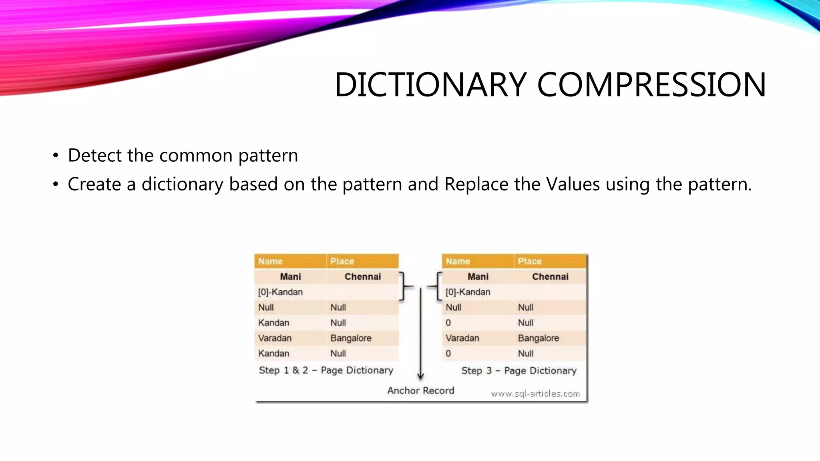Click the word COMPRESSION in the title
click(x=651, y=85)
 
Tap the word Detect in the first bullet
click(x=94, y=155)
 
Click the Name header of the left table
click(x=270, y=261)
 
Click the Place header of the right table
click(x=529, y=261)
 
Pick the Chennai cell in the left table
click(x=362, y=277)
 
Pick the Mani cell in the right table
click(x=478, y=277)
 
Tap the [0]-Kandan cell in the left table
click(x=280, y=292)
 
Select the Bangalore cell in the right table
click(x=538, y=338)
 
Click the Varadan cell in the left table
click(x=275, y=338)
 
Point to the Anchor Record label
click(x=420, y=391)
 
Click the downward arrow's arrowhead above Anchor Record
click(x=420, y=376)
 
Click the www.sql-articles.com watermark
click(x=535, y=394)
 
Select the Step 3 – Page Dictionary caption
click(x=519, y=371)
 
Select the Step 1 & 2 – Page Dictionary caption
click(x=326, y=370)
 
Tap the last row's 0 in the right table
click(x=448, y=354)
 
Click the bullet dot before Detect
click(x=56, y=156)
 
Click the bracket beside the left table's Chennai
click(x=404, y=286)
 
